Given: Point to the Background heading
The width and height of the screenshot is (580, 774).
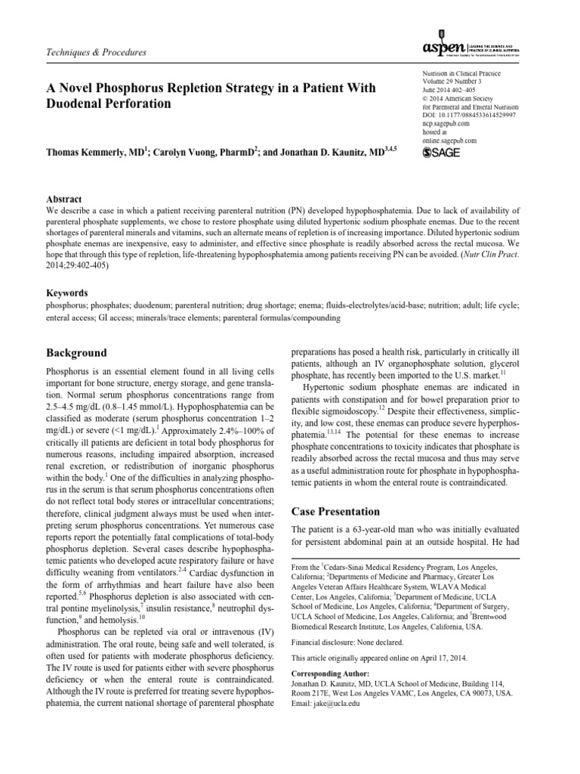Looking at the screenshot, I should point(76,353).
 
